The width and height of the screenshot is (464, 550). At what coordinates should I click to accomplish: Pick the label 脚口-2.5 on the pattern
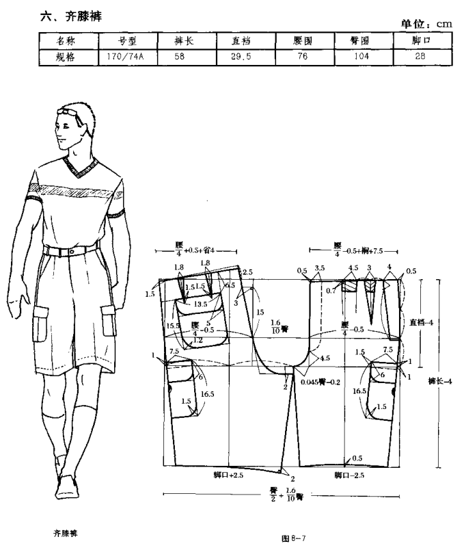click(x=349, y=473)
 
